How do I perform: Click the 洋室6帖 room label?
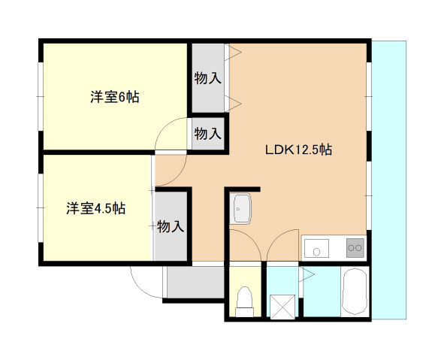115,96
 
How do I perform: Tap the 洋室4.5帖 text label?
95,208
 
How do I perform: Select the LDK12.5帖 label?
298,150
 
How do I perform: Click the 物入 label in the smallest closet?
207,134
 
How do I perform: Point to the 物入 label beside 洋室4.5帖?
171,225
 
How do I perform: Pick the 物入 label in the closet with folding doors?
207,77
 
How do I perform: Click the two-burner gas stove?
353,247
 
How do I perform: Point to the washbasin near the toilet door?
242,208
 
